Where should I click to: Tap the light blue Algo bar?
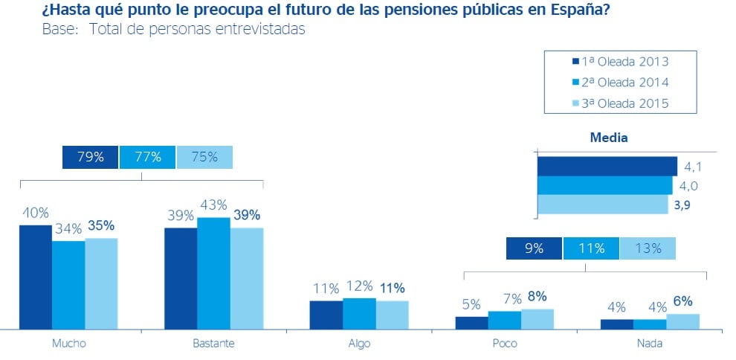point(392,314)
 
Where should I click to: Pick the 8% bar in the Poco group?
point(538,318)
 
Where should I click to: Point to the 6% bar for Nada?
point(682,321)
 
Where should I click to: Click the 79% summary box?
point(90,157)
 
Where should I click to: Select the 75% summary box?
point(204,157)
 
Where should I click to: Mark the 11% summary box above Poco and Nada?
point(590,248)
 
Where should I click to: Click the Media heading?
point(608,138)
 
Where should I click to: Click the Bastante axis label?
point(213,344)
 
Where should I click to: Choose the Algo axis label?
point(358,344)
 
